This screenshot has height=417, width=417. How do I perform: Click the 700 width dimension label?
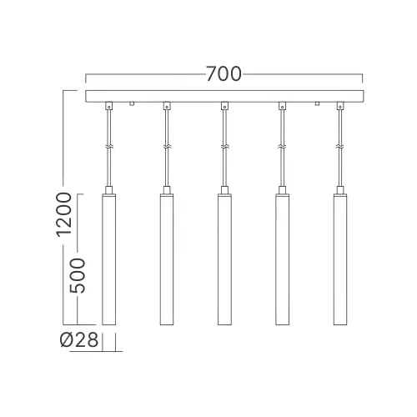(x=224, y=74)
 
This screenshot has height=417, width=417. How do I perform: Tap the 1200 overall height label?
(x=64, y=214)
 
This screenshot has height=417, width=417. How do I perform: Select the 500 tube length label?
(x=77, y=275)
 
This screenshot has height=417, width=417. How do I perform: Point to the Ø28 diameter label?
(x=79, y=339)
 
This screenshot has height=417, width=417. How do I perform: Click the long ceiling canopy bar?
(x=224, y=96)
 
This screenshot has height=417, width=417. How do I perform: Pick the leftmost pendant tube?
(x=109, y=259)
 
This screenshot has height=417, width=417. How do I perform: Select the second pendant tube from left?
(x=167, y=259)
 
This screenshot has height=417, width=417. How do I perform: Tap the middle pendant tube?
(x=224, y=259)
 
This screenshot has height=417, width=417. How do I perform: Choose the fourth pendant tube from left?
(x=283, y=259)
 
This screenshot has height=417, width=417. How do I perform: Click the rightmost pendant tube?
(x=340, y=259)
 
